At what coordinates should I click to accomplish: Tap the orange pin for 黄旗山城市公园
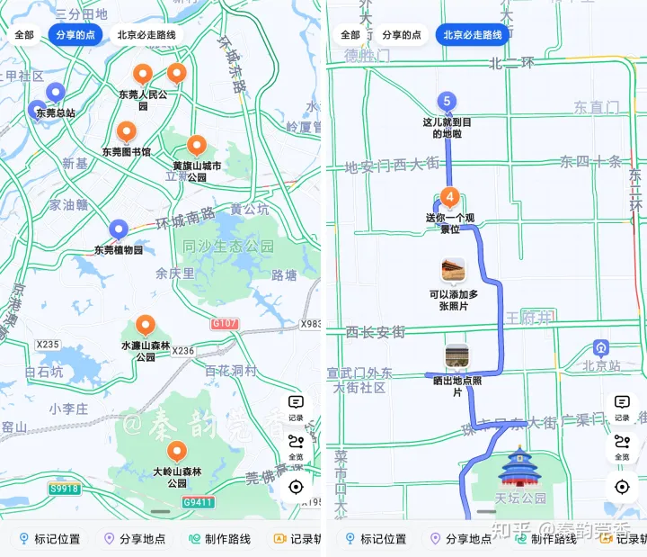pyautogui.click(x=197, y=145)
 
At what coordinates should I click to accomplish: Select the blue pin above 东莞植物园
pyautogui.click(x=118, y=229)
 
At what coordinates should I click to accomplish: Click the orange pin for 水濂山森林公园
pyautogui.click(x=146, y=326)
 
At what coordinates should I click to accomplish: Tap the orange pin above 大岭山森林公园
pyautogui.click(x=177, y=452)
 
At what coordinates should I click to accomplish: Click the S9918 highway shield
pyautogui.click(x=65, y=489)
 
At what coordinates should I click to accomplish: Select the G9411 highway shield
pyautogui.click(x=199, y=502)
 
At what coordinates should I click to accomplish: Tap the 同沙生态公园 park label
pyautogui.click(x=228, y=247)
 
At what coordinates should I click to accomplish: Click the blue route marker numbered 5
pyautogui.click(x=447, y=102)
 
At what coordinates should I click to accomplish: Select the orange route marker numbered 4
pyautogui.click(x=450, y=196)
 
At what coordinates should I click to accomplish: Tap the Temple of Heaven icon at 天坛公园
pyautogui.click(x=518, y=467)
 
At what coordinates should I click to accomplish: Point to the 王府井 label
pyautogui.click(x=529, y=317)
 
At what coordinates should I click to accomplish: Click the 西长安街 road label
pyautogui.click(x=377, y=332)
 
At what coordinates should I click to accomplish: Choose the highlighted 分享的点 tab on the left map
pyautogui.click(x=75, y=35)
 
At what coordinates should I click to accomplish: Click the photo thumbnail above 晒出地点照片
pyautogui.click(x=456, y=355)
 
